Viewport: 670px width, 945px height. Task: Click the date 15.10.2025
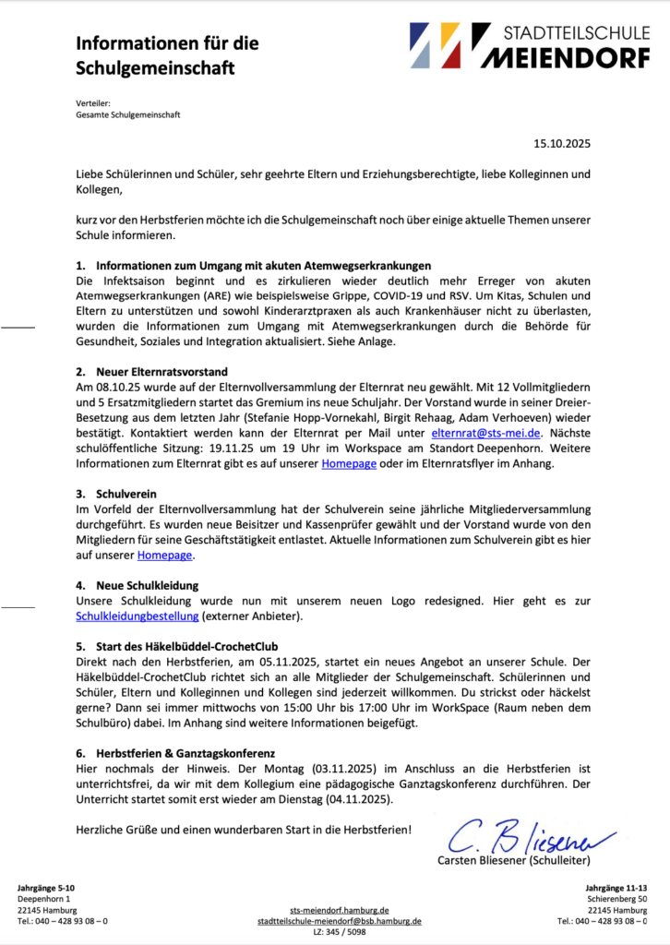[561, 143]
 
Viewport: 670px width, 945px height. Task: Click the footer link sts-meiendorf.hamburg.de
[339, 909]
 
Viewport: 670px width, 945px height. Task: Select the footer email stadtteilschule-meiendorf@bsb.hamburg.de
[339, 920]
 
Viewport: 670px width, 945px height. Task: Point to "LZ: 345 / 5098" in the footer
[339, 932]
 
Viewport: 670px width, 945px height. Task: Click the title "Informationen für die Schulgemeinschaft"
[166, 55]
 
